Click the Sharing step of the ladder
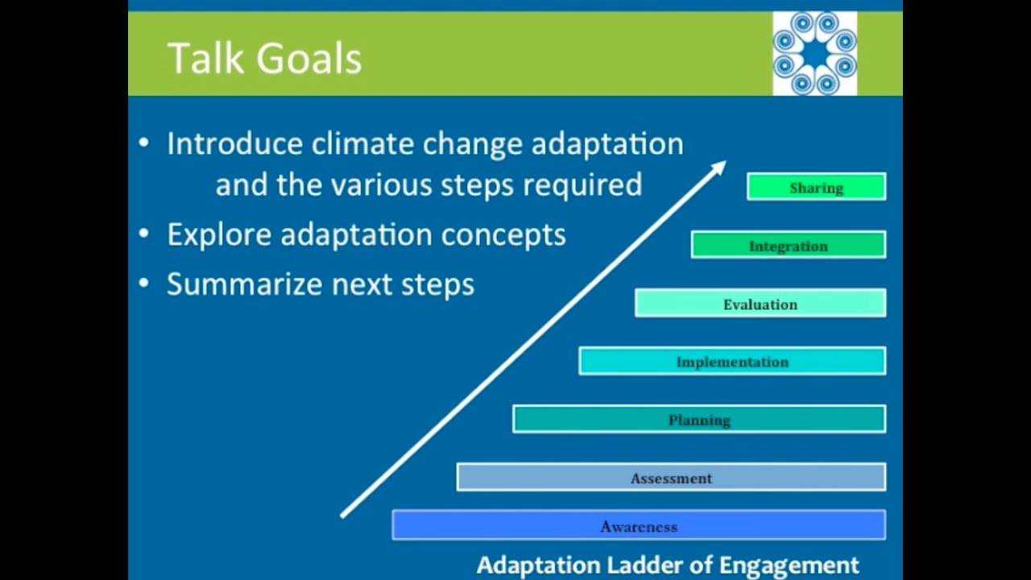click(816, 188)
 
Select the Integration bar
click(788, 246)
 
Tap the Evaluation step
click(760, 304)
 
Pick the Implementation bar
click(731, 362)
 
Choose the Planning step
click(698, 420)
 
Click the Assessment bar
click(670, 478)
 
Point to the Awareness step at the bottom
click(638, 526)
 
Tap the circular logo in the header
click(814, 53)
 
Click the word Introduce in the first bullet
click(234, 144)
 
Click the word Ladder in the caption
click(645, 565)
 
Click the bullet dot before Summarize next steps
click(144, 284)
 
